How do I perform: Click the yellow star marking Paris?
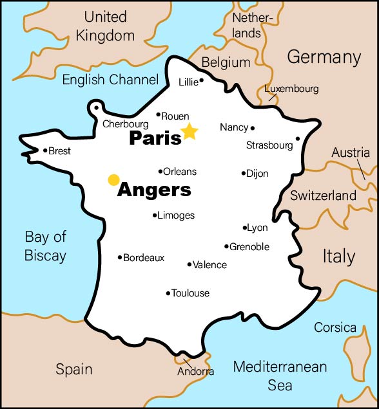coord(189,132)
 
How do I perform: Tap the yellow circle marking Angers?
coord(114,179)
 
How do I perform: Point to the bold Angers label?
coord(154,190)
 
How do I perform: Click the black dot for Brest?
coord(45,151)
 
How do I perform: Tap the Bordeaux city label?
coord(144,258)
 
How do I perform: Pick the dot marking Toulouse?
coord(168,293)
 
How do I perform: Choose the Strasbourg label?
coord(269,146)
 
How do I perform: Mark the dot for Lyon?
coord(245,228)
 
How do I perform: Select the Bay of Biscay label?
coord(45,246)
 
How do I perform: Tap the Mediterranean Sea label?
coord(280,376)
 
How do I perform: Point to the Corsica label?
coord(335,328)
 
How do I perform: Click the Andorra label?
coord(196,372)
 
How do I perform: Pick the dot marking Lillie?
coord(202,80)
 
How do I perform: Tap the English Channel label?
coord(110,80)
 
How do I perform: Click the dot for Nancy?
coord(253,128)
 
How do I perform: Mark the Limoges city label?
coord(176,215)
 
